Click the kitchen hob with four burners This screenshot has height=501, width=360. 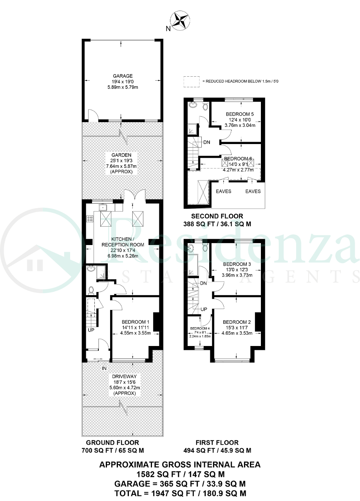[x=90, y=218]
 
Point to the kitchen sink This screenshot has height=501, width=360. [x=103, y=207]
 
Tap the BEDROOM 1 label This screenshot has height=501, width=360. [x=136, y=322]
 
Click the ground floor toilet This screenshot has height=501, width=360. [x=91, y=290]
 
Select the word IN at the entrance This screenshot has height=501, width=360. [x=104, y=368]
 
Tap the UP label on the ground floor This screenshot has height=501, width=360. [x=91, y=330]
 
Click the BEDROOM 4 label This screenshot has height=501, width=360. [x=200, y=328]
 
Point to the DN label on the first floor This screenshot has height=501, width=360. [x=203, y=283]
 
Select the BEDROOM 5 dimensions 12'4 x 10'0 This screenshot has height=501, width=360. [x=240, y=120]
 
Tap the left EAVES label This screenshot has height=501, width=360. [x=223, y=191]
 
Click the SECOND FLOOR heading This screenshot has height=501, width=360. [x=217, y=216]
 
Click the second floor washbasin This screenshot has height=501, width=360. [x=192, y=105]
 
